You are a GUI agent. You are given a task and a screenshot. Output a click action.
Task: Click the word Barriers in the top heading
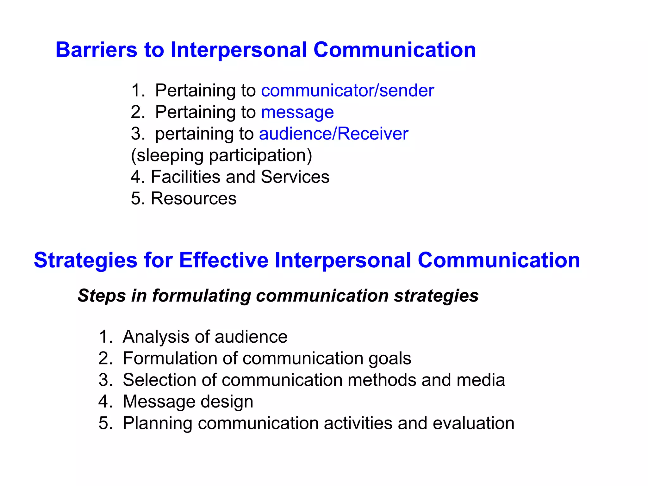coord(96,50)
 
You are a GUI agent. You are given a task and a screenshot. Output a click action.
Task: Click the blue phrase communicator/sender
coord(347,90)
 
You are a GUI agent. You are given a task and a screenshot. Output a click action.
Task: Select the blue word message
coord(297,112)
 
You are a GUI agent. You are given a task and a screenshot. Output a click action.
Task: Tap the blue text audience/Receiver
coord(333,134)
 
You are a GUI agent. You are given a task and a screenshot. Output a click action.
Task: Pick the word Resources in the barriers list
coord(193,199)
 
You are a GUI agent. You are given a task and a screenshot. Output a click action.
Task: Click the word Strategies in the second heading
coord(85,260)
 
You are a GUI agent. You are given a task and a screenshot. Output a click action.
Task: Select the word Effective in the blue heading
coord(224,260)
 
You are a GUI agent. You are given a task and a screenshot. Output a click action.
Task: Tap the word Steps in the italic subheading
coord(102,296)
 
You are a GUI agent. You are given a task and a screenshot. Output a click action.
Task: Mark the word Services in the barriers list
coord(295,177)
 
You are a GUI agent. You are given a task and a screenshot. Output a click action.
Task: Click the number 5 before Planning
coord(103,423)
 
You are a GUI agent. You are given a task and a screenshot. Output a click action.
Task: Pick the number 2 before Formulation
coord(103,358)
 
